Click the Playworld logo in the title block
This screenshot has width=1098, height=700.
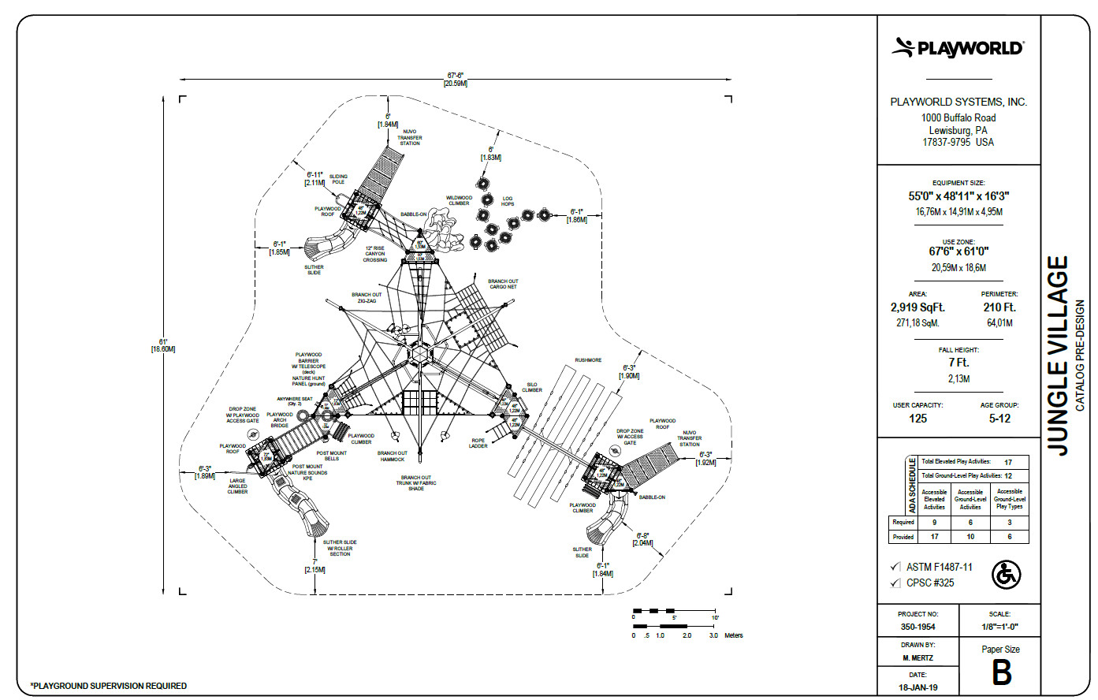click(958, 48)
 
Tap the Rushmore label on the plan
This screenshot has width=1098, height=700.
click(588, 360)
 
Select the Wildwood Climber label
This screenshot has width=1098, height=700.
click(459, 200)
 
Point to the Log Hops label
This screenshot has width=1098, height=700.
click(508, 201)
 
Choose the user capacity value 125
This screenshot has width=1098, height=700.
click(917, 419)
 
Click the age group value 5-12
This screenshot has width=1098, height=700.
click(999, 419)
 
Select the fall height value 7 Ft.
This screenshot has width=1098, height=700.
click(958, 363)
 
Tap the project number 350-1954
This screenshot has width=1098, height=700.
click(917, 627)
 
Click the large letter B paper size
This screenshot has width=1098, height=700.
click(1001, 673)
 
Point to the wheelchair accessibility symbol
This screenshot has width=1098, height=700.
click(1006, 575)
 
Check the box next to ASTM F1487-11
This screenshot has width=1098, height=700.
click(895, 567)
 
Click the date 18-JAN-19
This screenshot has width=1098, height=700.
click(917, 687)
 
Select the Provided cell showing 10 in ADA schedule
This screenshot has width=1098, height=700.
click(970, 537)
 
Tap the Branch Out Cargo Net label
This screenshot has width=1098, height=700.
click(503, 284)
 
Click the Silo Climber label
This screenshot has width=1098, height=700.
click(532, 387)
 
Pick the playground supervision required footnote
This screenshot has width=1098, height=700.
click(108, 686)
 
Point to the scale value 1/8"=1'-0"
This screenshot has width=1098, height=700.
click(999, 627)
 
